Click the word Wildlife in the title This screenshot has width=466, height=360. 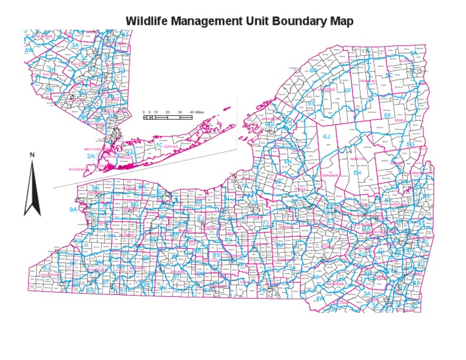(x=146, y=21)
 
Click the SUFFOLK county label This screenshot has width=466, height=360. (x=172, y=146)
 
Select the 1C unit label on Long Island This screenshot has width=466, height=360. (x=159, y=145)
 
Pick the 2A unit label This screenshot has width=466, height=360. (x=90, y=156)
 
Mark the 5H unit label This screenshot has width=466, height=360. (x=357, y=173)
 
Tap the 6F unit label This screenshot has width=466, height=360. (x=348, y=90)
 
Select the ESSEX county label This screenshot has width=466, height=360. (x=399, y=120)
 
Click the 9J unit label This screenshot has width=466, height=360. (x=46, y=267)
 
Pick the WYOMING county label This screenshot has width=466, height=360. (x=127, y=234)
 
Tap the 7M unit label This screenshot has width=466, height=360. (x=280, y=244)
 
